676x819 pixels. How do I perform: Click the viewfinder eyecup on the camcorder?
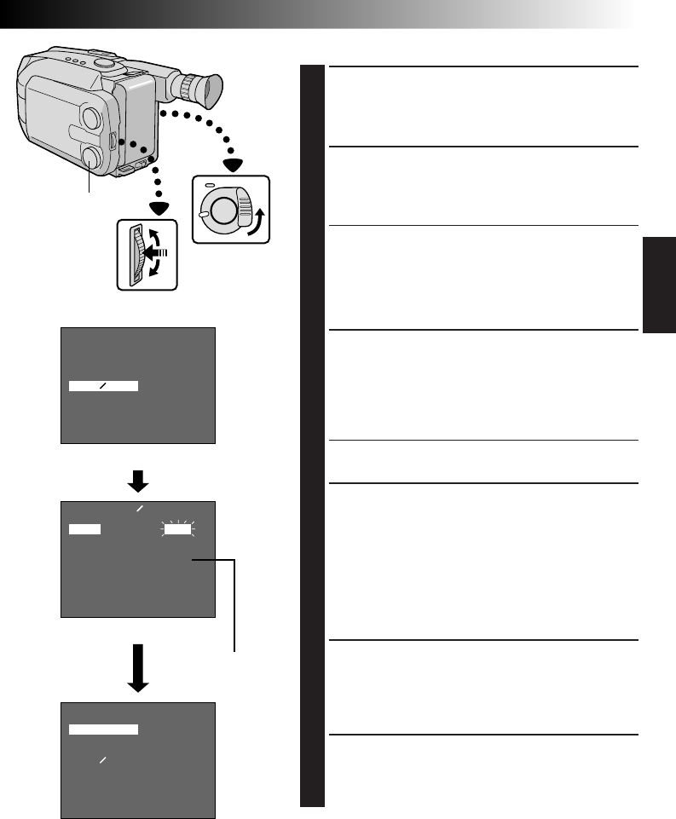(x=210, y=89)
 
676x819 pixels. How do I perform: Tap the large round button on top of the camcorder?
(x=102, y=61)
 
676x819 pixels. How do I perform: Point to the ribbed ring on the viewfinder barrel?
(x=187, y=85)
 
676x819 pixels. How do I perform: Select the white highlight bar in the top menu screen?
(x=103, y=386)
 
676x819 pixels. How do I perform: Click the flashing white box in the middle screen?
(x=179, y=529)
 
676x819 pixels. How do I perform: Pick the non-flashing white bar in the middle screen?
(x=84, y=529)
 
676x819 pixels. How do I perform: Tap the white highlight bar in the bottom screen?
(x=103, y=729)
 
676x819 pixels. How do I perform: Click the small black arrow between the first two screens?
(x=138, y=482)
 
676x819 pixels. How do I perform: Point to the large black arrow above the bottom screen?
(x=138, y=665)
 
